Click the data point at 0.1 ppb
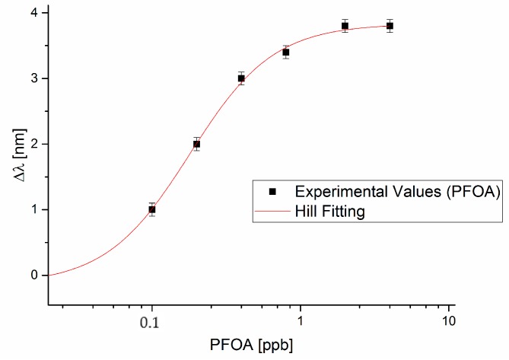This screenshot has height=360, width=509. point(152,209)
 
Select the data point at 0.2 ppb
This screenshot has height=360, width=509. point(196,144)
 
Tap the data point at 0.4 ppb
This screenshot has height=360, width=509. point(241,78)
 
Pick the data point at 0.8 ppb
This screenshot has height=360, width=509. point(286,53)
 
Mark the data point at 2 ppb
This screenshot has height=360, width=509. point(345,26)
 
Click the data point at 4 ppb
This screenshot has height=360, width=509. point(390,26)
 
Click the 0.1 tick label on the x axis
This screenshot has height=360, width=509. point(152,321)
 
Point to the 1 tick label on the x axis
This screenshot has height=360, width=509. point(301,321)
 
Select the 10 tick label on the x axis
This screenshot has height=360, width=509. point(449,321)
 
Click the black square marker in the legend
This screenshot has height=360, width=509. point(272,193)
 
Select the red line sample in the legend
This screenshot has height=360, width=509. point(272,212)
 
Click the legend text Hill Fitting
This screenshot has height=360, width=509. point(330,212)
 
